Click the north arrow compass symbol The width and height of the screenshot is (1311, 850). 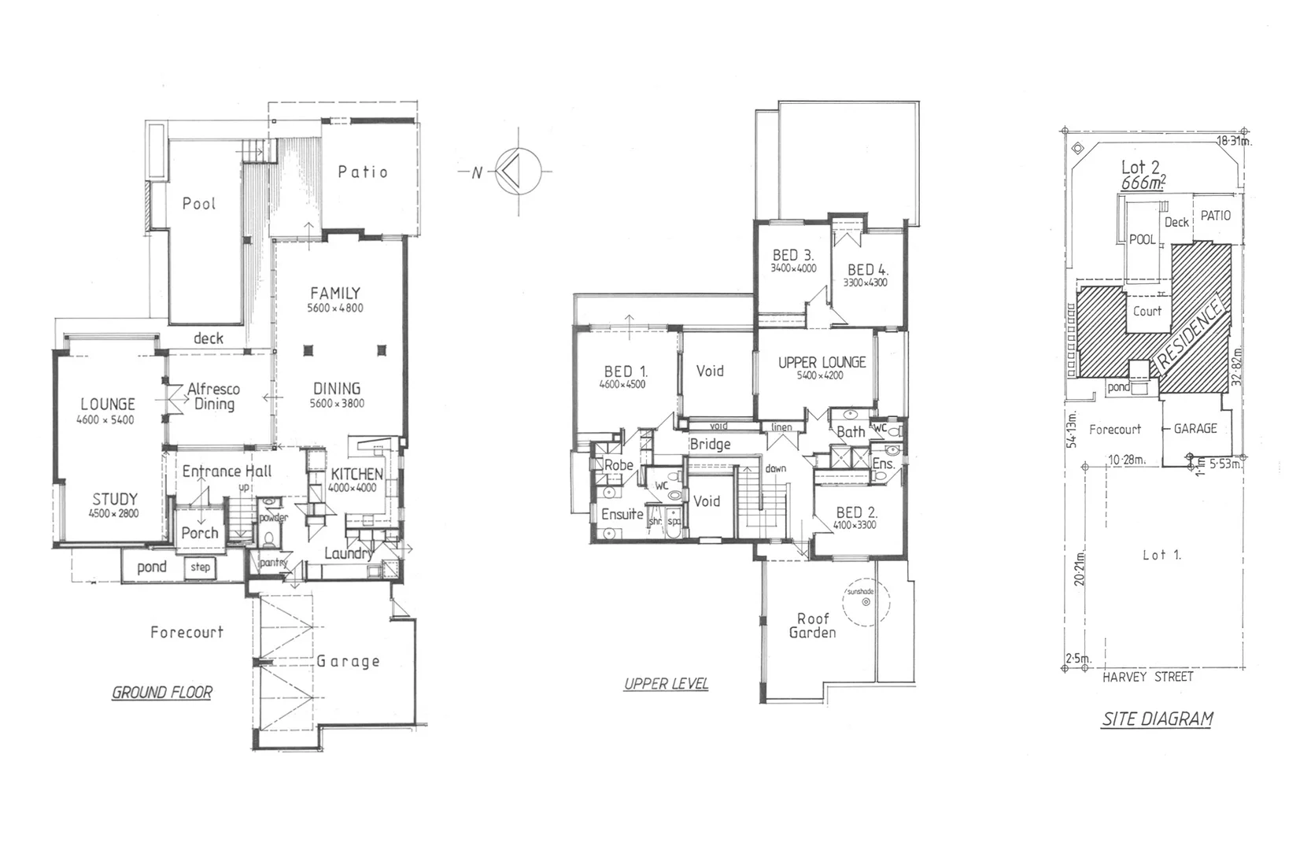click(x=517, y=171)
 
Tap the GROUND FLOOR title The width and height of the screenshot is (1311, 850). click(x=162, y=693)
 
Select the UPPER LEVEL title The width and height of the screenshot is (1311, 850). click(x=666, y=684)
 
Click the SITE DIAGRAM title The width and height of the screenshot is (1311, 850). click(x=1157, y=719)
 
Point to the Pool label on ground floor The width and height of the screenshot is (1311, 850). click(x=198, y=204)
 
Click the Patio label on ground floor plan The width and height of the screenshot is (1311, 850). click(x=363, y=172)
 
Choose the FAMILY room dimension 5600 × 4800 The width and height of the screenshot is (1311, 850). click(x=335, y=309)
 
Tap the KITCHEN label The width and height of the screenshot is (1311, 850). click(x=356, y=474)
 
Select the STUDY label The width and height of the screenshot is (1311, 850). click(x=115, y=499)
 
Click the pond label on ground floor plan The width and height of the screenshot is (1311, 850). click(x=152, y=567)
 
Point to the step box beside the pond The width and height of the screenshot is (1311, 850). click(x=200, y=567)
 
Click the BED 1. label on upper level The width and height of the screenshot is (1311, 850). click(x=626, y=371)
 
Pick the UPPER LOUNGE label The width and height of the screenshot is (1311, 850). click(x=822, y=362)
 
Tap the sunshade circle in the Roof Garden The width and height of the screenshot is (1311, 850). click(x=866, y=602)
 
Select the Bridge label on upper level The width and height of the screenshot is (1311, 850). click(x=710, y=445)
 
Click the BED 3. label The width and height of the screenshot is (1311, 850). click(x=793, y=255)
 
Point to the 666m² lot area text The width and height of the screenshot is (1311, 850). click(x=1143, y=183)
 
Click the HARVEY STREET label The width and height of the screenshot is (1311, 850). click(x=1147, y=677)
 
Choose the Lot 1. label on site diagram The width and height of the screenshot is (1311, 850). click(x=1161, y=555)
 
